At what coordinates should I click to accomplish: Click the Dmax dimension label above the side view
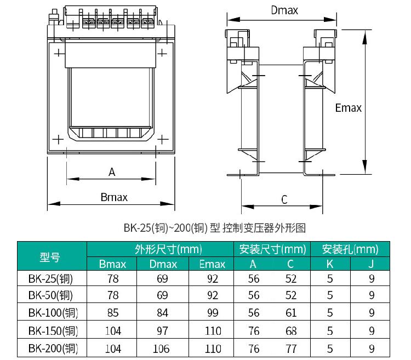(x=284, y=10)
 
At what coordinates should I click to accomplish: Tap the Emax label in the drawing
(x=348, y=108)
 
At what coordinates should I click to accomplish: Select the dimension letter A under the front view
(x=112, y=172)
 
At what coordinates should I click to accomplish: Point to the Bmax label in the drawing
(x=114, y=197)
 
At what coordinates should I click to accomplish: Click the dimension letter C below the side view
(x=284, y=199)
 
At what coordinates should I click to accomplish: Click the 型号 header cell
(x=50, y=257)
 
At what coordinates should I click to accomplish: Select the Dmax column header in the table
(x=163, y=264)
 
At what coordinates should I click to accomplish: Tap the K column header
(x=330, y=264)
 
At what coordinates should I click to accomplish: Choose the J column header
(x=370, y=264)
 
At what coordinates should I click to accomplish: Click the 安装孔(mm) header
(x=350, y=249)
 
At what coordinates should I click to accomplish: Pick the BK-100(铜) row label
(x=53, y=312)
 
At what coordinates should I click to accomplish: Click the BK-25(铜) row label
(x=50, y=279)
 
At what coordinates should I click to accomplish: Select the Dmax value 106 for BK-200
(x=161, y=348)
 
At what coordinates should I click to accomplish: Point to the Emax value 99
(x=213, y=312)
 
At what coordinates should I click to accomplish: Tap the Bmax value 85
(x=113, y=312)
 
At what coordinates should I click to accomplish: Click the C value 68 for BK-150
(x=291, y=330)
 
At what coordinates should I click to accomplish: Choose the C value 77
(x=291, y=348)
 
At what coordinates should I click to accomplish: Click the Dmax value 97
(x=163, y=330)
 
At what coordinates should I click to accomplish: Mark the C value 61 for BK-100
(x=291, y=312)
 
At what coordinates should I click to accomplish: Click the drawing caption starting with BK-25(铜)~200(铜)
(x=215, y=228)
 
